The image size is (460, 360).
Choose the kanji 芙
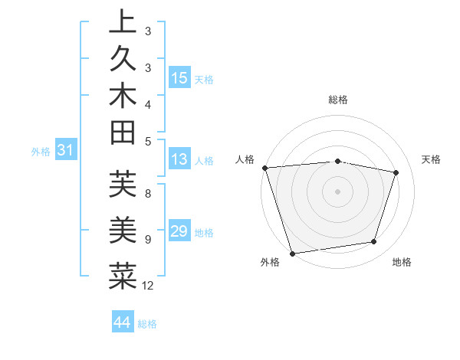(x=123, y=185)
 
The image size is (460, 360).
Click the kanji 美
(x=123, y=229)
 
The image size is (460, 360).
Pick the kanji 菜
(x=123, y=275)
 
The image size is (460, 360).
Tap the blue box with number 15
(x=179, y=78)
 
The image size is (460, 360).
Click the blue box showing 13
(x=179, y=159)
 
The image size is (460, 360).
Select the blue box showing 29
(x=179, y=231)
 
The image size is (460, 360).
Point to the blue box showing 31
(x=65, y=151)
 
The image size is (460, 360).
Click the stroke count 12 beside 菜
(x=148, y=286)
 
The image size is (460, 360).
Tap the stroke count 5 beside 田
(x=148, y=141)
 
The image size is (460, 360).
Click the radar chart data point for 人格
(x=264, y=168)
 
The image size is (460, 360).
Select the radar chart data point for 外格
(x=292, y=253)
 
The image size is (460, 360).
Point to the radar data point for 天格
(x=396, y=172)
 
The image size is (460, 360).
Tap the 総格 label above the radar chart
(x=338, y=100)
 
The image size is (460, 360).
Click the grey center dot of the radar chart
(x=338, y=191)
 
